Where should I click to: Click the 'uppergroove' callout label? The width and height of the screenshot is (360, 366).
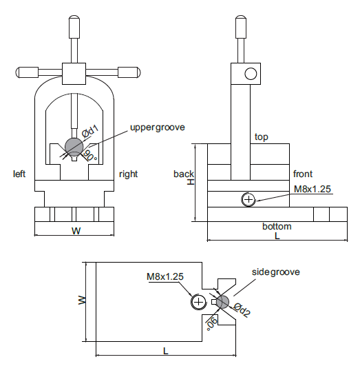coord(158,128)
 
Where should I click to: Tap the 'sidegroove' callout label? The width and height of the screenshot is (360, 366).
coord(276,272)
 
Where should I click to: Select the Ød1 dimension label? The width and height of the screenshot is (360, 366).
coord(90,132)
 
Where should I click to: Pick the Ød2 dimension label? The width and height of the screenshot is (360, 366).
coord(242,309)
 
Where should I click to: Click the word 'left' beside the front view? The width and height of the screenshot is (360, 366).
coord(19,174)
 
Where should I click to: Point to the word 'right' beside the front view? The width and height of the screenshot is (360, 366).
coord(128,174)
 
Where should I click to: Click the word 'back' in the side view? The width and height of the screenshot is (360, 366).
coord(184,174)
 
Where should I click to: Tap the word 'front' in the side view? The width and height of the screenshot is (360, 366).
coord(303,174)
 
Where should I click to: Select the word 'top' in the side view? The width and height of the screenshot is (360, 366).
coord(262,137)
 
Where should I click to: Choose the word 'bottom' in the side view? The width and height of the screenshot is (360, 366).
coord(277,226)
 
